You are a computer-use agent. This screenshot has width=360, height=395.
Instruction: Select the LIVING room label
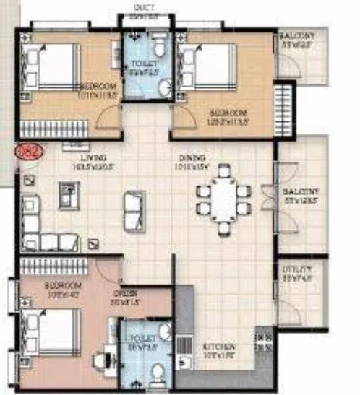tap(95, 157)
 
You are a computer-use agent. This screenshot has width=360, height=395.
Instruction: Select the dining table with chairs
tap(223, 199)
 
